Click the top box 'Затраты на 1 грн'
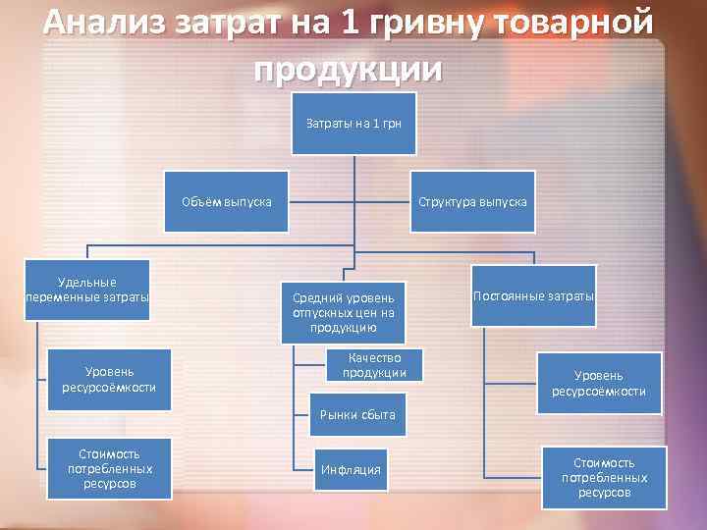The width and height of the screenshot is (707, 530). [x=353, y=124]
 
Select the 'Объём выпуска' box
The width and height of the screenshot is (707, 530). [x=227, y=202]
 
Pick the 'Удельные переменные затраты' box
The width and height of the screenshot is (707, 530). [x=88, y=290]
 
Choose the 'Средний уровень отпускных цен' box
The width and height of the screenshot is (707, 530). [x=343, y=312]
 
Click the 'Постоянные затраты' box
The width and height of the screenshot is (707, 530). [x=533, y=295]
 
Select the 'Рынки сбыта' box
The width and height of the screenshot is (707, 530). [x=357, y=415]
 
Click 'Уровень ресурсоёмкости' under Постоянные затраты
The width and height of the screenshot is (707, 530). [x=599, y=383]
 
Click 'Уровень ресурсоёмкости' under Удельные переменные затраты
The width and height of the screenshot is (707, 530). [x=109, y=379]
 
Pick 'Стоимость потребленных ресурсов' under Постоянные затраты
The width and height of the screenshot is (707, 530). [x=604, y=477]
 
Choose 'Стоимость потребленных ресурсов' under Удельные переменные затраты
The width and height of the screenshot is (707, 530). [x=110, y=469]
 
